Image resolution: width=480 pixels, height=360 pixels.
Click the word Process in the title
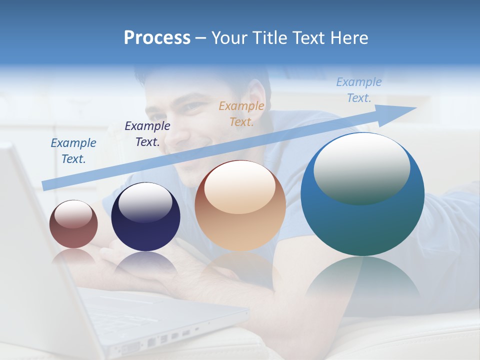click(x=157, y=38)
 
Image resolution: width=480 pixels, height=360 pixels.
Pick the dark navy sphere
click(x=145, y=217)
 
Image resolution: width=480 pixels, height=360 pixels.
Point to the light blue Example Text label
click(x=359, y=90)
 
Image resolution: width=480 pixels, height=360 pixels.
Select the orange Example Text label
click(x=241, y=113)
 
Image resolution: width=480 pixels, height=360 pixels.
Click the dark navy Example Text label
click(x=147, y=134)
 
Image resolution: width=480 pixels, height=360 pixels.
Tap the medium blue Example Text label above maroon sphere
click(x=73, y=151)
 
